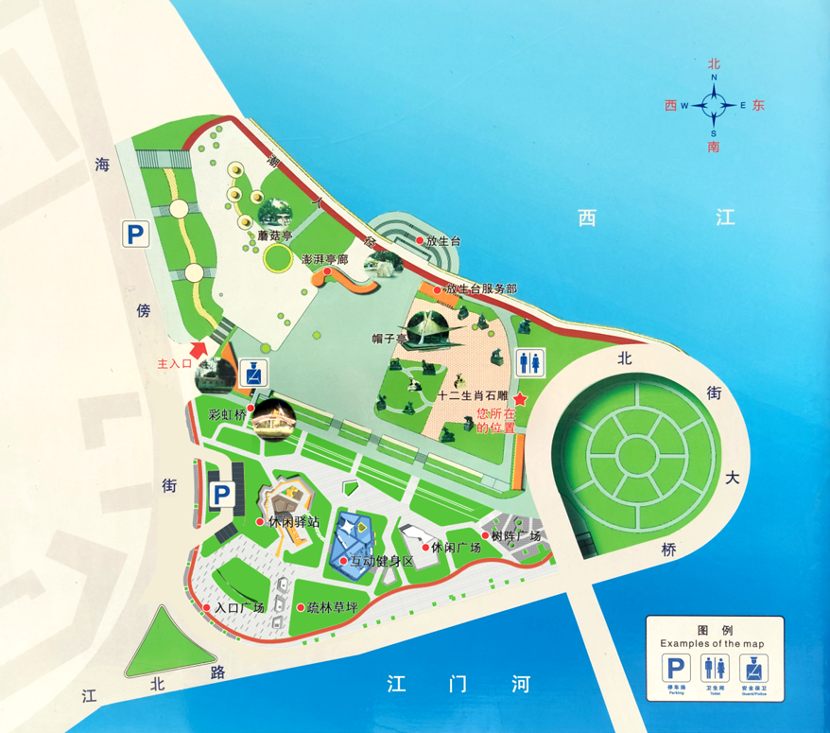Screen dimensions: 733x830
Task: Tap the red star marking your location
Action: (519, 400)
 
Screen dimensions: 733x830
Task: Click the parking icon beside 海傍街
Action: (136, 235)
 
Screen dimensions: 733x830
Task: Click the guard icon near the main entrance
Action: (253, 372)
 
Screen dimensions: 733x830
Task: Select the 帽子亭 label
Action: (389, 338)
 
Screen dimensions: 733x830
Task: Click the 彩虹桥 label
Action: (227, 414)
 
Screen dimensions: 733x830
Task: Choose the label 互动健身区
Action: (382, 562)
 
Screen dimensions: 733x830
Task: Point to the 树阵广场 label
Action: (515, 536)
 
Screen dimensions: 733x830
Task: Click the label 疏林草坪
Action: (332, 607)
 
